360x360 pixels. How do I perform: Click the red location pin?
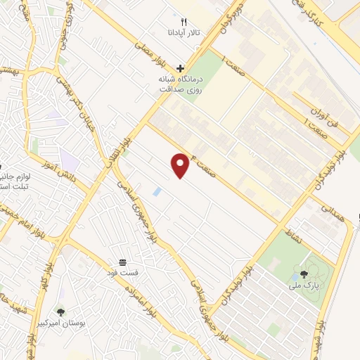point(181,165)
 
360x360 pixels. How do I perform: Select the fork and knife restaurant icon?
point(184,22)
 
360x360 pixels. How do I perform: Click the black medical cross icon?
point(181,68)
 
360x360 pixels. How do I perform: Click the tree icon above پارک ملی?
point(304,274)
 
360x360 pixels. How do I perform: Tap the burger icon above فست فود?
point(123,262)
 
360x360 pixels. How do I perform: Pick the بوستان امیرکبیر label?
point(82,324)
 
